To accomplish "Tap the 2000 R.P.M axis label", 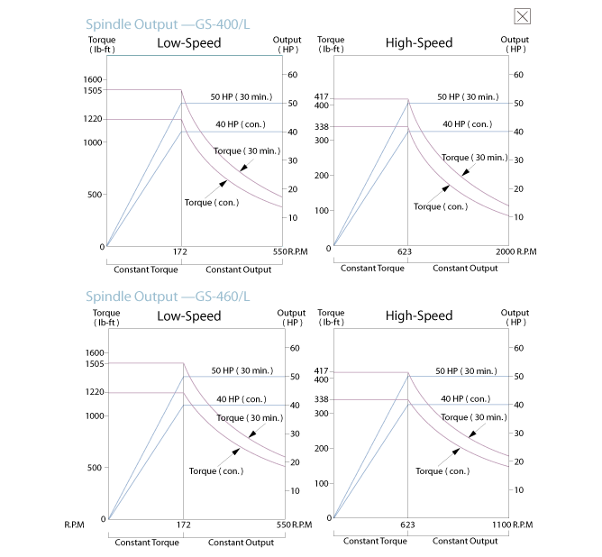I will (x=513, y=252).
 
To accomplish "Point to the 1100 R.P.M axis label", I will (x=513, y=525).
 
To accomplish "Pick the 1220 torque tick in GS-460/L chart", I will (x=94, y=392).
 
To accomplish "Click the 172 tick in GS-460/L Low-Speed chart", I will (x=182, y=525).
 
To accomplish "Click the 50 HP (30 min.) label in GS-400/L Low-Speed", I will (x=241, y=96).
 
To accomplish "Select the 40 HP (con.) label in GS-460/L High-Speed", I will (x=466, y=398).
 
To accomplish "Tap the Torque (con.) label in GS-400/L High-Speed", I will (x=440, y=206).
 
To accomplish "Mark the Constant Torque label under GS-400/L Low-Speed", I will (x=146, y=269).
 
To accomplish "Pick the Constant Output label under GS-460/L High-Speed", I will (x=465, y=541).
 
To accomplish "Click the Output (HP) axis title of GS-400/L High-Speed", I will (x=515, y=44).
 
